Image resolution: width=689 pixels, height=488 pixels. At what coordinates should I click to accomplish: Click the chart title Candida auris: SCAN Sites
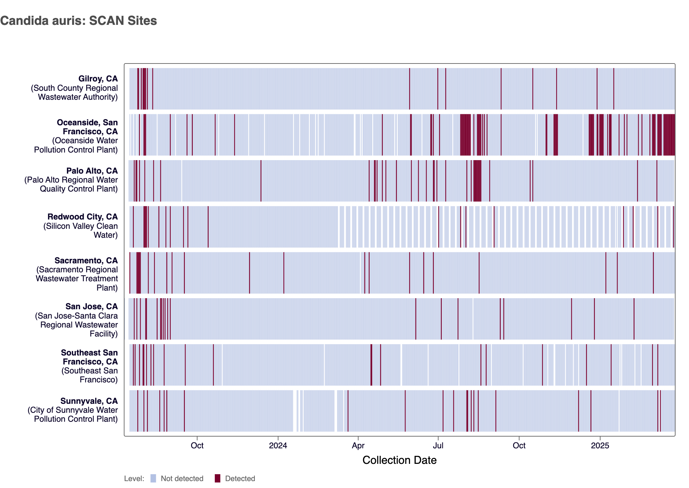(79, 21)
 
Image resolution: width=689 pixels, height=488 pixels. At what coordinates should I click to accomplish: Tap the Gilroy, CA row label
(98, 79)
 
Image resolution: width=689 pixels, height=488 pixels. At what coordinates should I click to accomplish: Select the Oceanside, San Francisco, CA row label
(87, 127)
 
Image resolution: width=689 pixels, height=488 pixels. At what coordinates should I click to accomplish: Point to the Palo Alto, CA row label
(92, 171)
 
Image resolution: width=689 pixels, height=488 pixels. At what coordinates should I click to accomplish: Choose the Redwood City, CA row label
(82, 217)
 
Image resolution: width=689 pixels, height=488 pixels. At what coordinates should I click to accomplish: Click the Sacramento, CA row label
(86, 261)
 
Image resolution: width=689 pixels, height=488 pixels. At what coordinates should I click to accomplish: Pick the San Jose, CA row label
(91, 306)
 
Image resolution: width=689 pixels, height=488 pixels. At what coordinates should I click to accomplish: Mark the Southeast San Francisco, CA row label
(89, 357)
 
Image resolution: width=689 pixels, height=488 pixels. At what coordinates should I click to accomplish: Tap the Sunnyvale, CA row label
(89, 401)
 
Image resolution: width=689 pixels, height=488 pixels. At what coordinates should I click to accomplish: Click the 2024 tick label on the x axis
(278, 446)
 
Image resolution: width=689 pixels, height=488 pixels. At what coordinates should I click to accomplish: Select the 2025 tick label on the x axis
(600, 446)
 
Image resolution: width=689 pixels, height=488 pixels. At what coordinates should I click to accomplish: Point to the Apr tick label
(358, 446)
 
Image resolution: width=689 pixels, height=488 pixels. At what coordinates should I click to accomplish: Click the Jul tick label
(438, 446)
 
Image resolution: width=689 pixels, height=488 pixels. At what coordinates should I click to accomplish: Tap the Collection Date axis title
(399, 460)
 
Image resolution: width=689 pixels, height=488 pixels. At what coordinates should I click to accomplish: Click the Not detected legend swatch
(153, 478)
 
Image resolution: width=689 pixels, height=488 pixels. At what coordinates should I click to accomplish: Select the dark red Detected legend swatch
(218, 478)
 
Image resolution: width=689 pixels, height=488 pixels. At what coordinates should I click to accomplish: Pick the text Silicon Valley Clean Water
(81, 231)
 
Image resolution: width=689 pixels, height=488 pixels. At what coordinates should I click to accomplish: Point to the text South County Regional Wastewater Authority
(74, 92)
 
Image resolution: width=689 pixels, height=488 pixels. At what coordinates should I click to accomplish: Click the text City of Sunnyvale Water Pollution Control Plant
(73, 414)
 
